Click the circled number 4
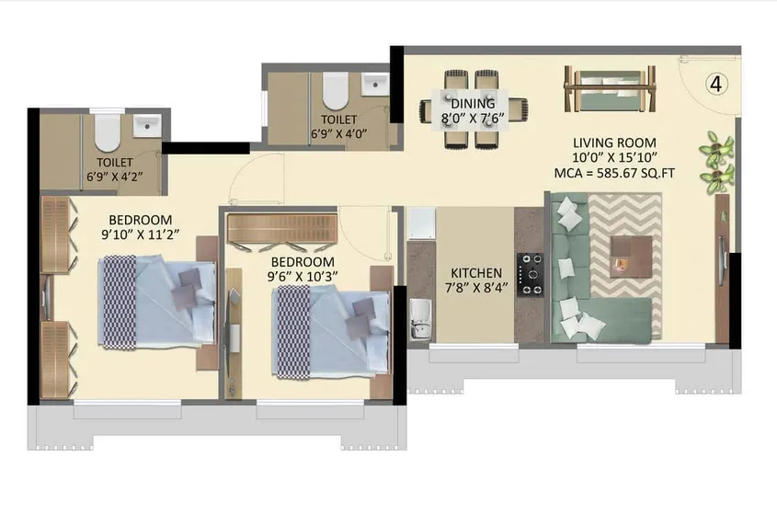pyautogui.click(x=717, y=84)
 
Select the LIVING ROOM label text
pyautogui.click(x=614, y=143)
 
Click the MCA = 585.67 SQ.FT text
pyautogui.click(x=614, y=172)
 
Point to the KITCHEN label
pyautogui.click(x=475, y=273)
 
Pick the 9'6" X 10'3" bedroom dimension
pyautogui.click(x=303, y=275)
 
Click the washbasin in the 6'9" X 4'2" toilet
pyautogui.click(x=146, y=125)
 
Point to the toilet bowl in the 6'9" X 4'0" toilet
pyautogui.click(x=336, y=89)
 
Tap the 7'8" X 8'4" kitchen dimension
pyautogui.click(x=475, y=289)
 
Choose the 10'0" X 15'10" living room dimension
pyautogui.click(x=614, y=157)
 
